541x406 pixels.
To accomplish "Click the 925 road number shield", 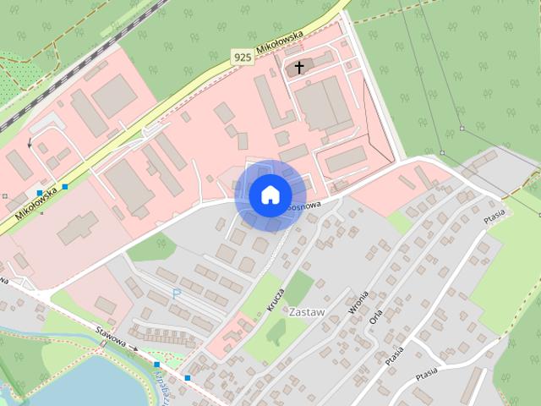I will click(242, 57).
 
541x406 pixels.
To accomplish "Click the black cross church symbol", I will click(298, 66).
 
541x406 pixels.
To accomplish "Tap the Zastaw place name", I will click(307, 312).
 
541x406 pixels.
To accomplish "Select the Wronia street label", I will click(352, 304).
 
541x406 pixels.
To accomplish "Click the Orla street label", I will click(376, 314).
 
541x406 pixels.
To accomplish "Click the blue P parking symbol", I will click(177, 294).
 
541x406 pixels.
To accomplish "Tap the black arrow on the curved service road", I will click(30, 143).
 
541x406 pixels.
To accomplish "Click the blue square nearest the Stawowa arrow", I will click(157, 365).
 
